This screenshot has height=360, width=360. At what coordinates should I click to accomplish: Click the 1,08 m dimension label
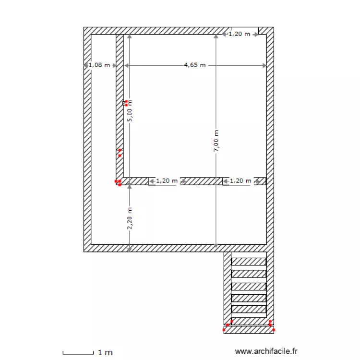point(99,65)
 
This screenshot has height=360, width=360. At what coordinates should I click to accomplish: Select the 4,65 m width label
point(194,65)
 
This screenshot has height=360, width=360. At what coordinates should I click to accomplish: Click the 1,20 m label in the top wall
point(239,34)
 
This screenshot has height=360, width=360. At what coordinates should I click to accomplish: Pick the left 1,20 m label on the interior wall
point(166,181)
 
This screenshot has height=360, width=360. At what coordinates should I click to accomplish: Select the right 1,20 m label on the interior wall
point(240,181)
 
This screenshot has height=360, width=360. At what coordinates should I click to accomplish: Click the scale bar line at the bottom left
point(78,353)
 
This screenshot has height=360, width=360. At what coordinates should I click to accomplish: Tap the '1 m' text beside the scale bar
point(105,353)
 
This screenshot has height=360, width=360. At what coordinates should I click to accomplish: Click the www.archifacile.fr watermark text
point(266,352)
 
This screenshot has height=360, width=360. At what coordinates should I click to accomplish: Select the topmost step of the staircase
point(249,262)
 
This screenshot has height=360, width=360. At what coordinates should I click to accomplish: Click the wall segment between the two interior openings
point(202,181)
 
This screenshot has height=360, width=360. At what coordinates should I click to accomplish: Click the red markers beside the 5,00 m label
point(126,102)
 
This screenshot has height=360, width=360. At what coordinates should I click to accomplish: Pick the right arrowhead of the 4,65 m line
point(264,65)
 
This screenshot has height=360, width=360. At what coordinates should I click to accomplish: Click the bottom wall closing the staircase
point(249,330)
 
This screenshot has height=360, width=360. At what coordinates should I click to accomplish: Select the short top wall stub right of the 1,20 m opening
point(262,31)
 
